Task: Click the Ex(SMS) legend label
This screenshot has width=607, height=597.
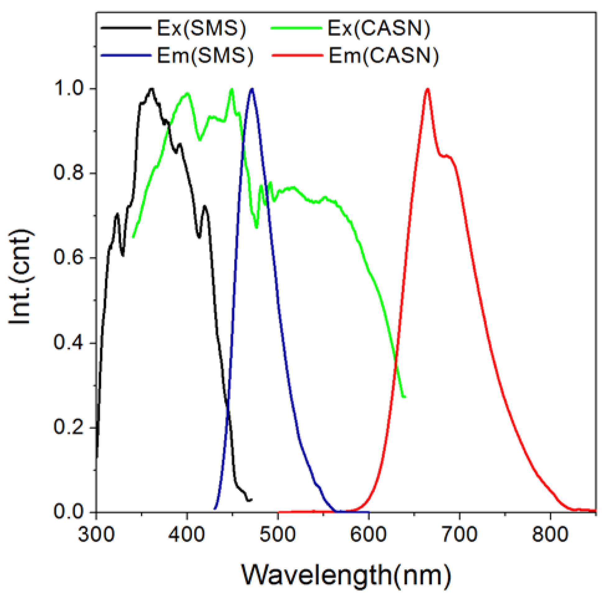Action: tap(201, 29)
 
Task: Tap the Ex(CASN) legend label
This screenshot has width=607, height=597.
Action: tap(378, 29)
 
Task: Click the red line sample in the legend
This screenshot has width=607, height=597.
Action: tap(297, 55)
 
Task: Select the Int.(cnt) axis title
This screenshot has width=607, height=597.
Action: tap(21, 277)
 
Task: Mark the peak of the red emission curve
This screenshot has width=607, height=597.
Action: tap(428, 89)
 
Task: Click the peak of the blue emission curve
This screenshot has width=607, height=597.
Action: tap(252, 89)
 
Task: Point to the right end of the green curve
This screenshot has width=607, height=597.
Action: tap(405, 397)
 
